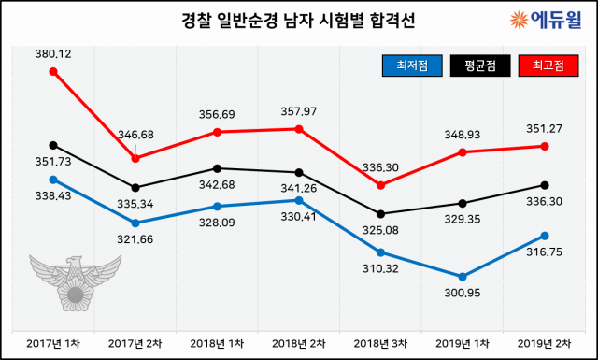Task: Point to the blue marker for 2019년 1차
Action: (x=462, y=277)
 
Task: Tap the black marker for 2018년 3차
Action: (x=380, y=213)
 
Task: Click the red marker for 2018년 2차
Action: (x=299, y=129)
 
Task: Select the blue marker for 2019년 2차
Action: (x=544, y=236)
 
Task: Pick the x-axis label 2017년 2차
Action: (x=135, y=344)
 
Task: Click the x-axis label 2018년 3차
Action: (x=380, y=344)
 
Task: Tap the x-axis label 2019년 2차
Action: (x=544, y=344)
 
